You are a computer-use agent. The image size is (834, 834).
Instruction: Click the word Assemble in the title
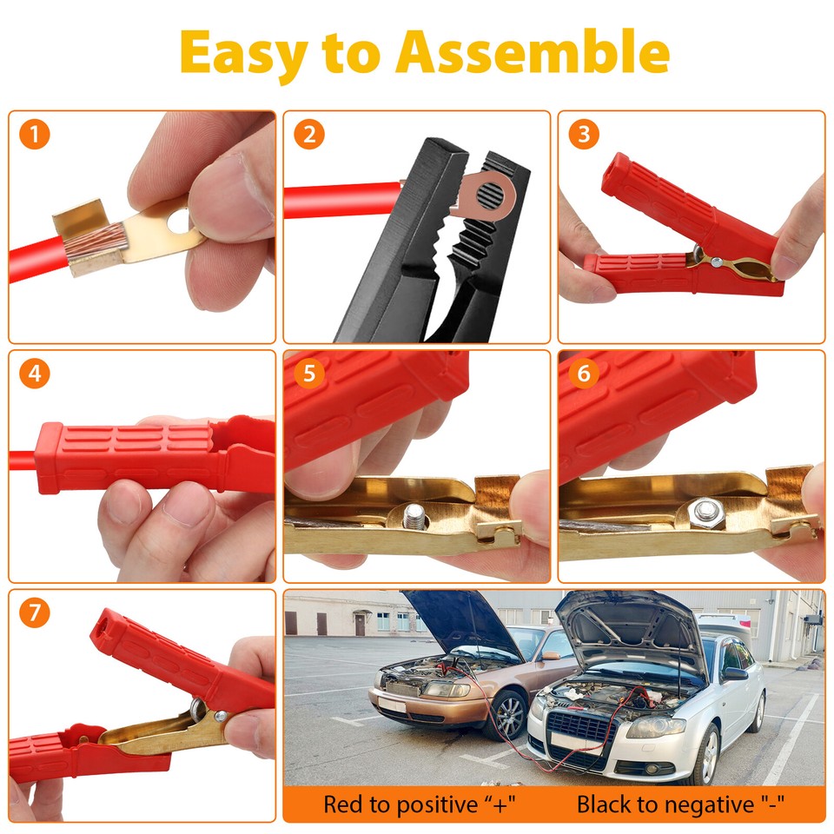point(533,54)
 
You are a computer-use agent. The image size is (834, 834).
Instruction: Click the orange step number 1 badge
point(34,135)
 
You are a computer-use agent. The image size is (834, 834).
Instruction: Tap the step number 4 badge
point(34,374)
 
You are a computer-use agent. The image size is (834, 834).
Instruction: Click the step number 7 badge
point(34,613)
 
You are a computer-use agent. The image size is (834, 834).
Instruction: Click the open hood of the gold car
point(461,622)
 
